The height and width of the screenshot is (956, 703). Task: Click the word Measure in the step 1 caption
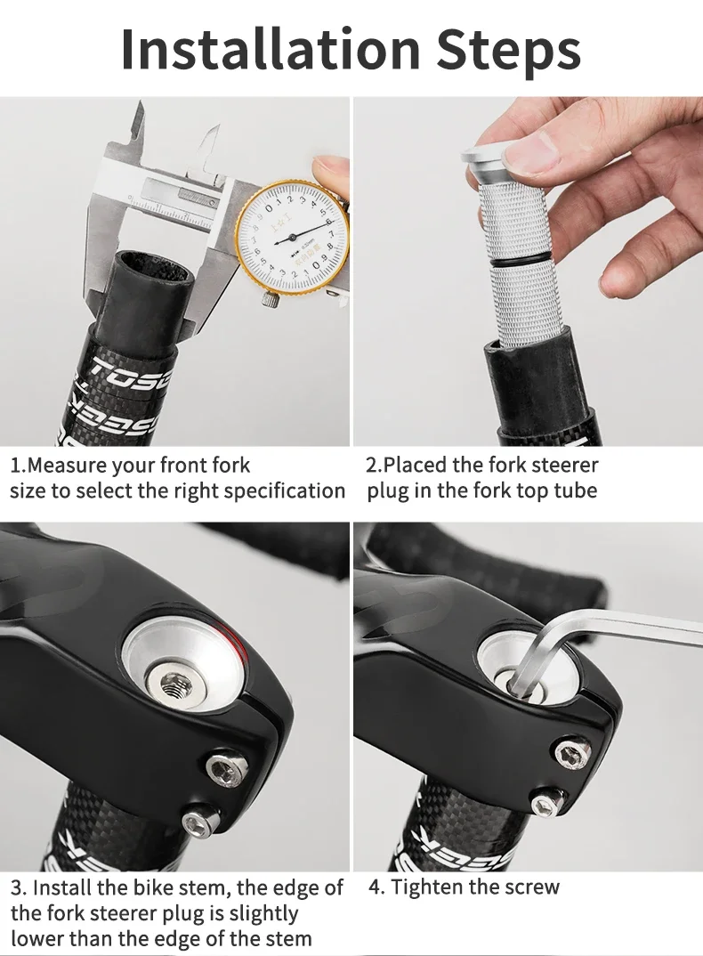click(71, 466)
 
